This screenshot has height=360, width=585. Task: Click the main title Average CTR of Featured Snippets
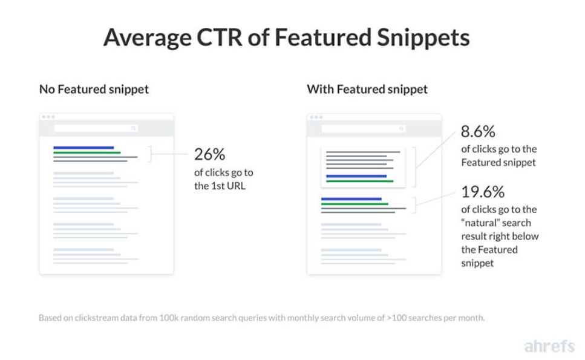point(286,38)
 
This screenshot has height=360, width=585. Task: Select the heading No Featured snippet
point(94,90)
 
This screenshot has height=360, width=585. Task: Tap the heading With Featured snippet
point(367,90)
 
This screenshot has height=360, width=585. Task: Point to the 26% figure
point(209,154)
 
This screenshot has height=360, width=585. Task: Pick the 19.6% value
point(483,192)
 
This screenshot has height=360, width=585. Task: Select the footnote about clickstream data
point(261,318)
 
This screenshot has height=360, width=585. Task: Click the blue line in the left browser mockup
point(83,148)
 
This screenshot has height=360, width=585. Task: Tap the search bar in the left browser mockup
point(96,128)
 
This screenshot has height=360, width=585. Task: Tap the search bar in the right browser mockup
point(364,128)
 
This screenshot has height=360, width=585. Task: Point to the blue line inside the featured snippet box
point(356,176)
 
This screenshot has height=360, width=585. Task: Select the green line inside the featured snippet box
point(359,181)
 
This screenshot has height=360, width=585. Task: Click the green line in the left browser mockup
point(87,152)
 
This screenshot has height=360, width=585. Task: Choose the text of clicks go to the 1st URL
point(224,179)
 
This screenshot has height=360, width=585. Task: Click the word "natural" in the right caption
point(478,223)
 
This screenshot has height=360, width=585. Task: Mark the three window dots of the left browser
point(48,117)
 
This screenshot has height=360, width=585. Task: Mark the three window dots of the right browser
point(315,117)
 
